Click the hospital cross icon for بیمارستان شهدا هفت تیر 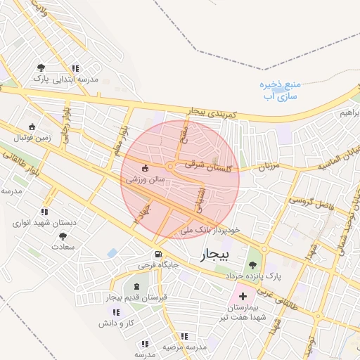tap(243, 297)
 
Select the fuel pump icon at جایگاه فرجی tap(157, 255)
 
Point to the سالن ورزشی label tap(146, 179)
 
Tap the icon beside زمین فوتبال tap(31, 127)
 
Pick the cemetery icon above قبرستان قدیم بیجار tap(136, 287)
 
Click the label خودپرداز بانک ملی tap(210, 230)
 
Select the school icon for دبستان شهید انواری tap(45, 212)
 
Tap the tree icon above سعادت tap(63, 237)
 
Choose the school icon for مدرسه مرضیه tap(185, 336)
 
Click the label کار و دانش tap(116, 323)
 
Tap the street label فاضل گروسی tap(309, 200)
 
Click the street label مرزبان tap(255, 167)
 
